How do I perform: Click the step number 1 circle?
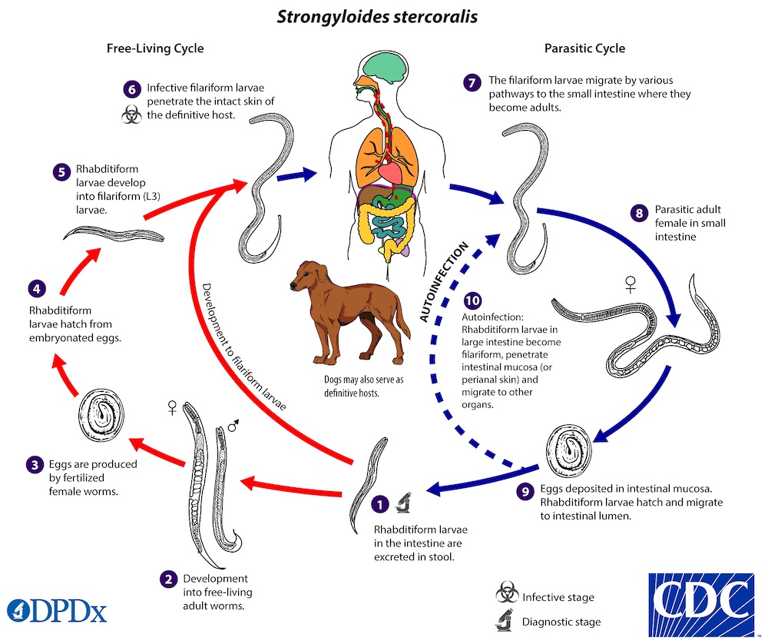point(378,505)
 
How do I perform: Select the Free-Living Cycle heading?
point(154,48)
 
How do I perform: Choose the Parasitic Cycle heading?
point(586,48)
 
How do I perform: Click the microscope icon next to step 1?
point(402,505)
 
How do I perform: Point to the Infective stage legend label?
point(558,597)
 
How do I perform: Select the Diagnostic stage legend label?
point(561,622)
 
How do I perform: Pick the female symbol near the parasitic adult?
point(631,286)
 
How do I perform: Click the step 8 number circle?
point(639,214)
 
